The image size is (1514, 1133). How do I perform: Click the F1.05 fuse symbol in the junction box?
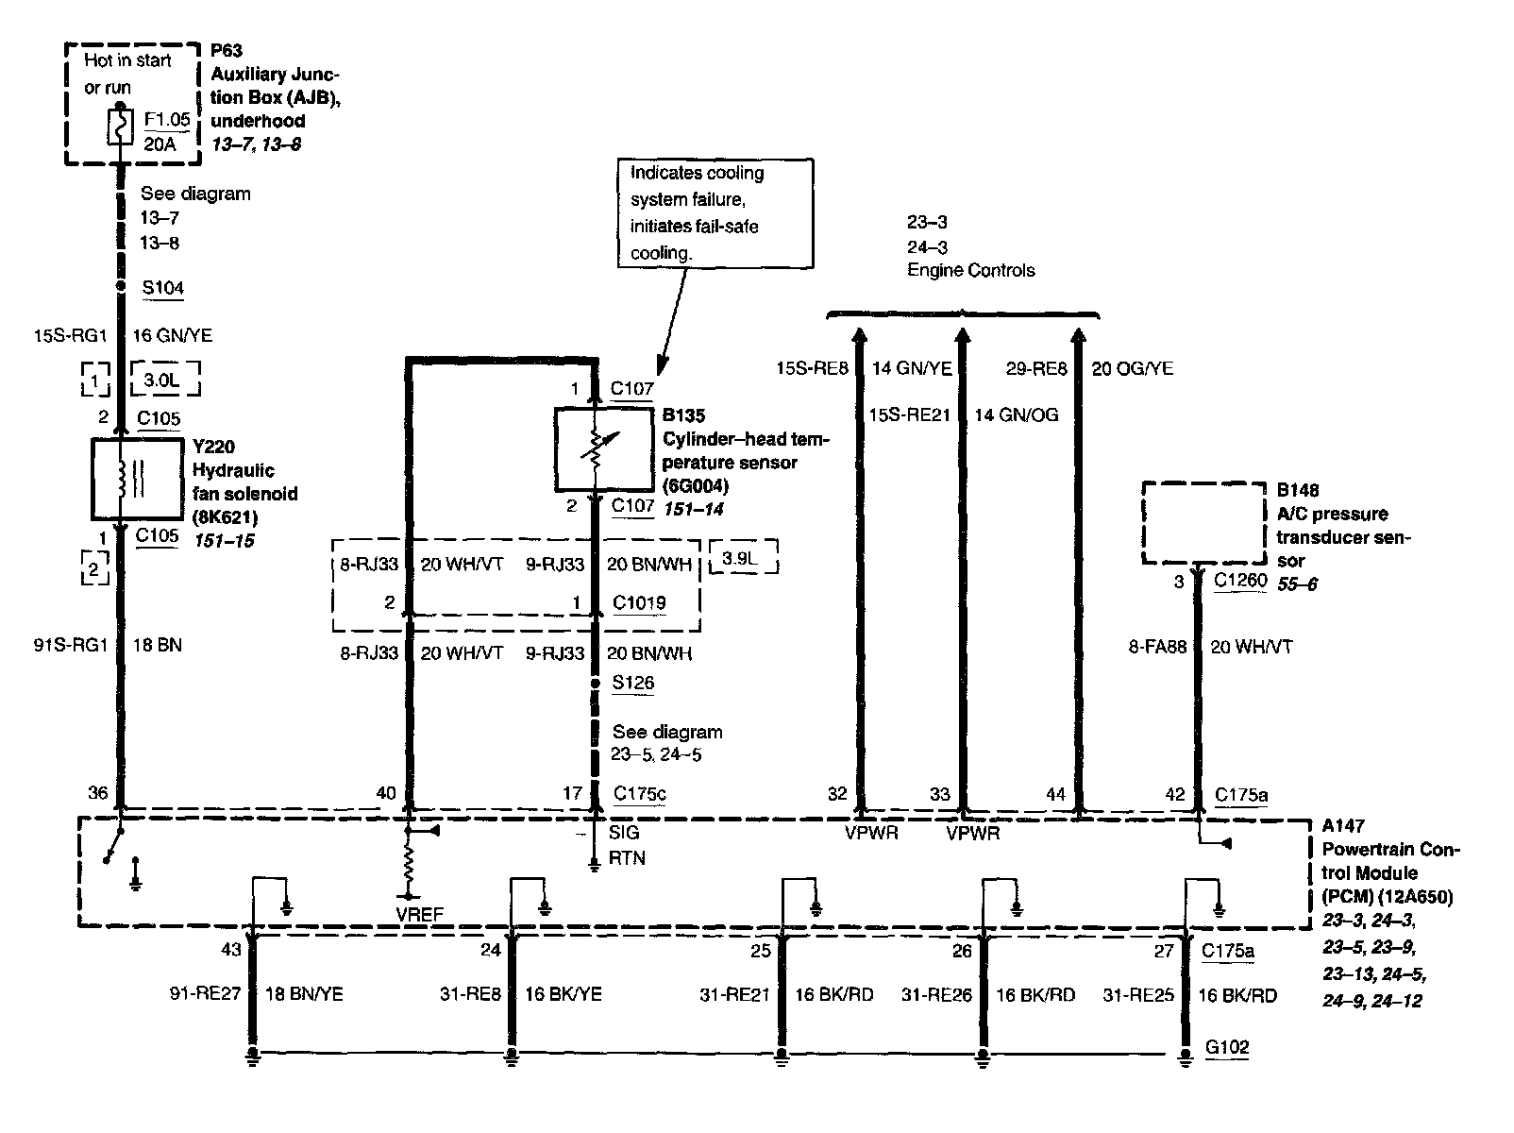click(120, 127)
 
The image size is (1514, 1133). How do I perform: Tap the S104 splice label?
click(162, 288)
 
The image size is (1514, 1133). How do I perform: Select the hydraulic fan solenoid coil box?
click(136, 479)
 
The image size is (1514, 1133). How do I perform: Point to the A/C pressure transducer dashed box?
click(1203, 522)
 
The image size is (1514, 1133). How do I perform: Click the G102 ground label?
click(1227, 1047)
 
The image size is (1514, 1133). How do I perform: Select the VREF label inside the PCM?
click(419, 913)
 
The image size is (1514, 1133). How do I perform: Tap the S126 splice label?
click(632, 683)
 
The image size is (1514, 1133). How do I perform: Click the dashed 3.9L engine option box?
click(743, 557)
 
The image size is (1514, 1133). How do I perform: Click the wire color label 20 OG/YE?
click(1132, 368)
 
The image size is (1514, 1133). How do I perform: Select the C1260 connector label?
click(1239, 581)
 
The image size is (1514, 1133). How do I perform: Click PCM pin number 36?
click(98, 793)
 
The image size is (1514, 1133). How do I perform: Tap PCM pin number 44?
click(1055, 794)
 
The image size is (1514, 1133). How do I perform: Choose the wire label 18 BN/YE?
click(303, 993)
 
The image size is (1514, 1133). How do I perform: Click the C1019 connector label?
click(639, 602)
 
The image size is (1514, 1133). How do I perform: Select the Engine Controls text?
click(970, 270)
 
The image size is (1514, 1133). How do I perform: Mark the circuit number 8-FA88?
click(1157, 647)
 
